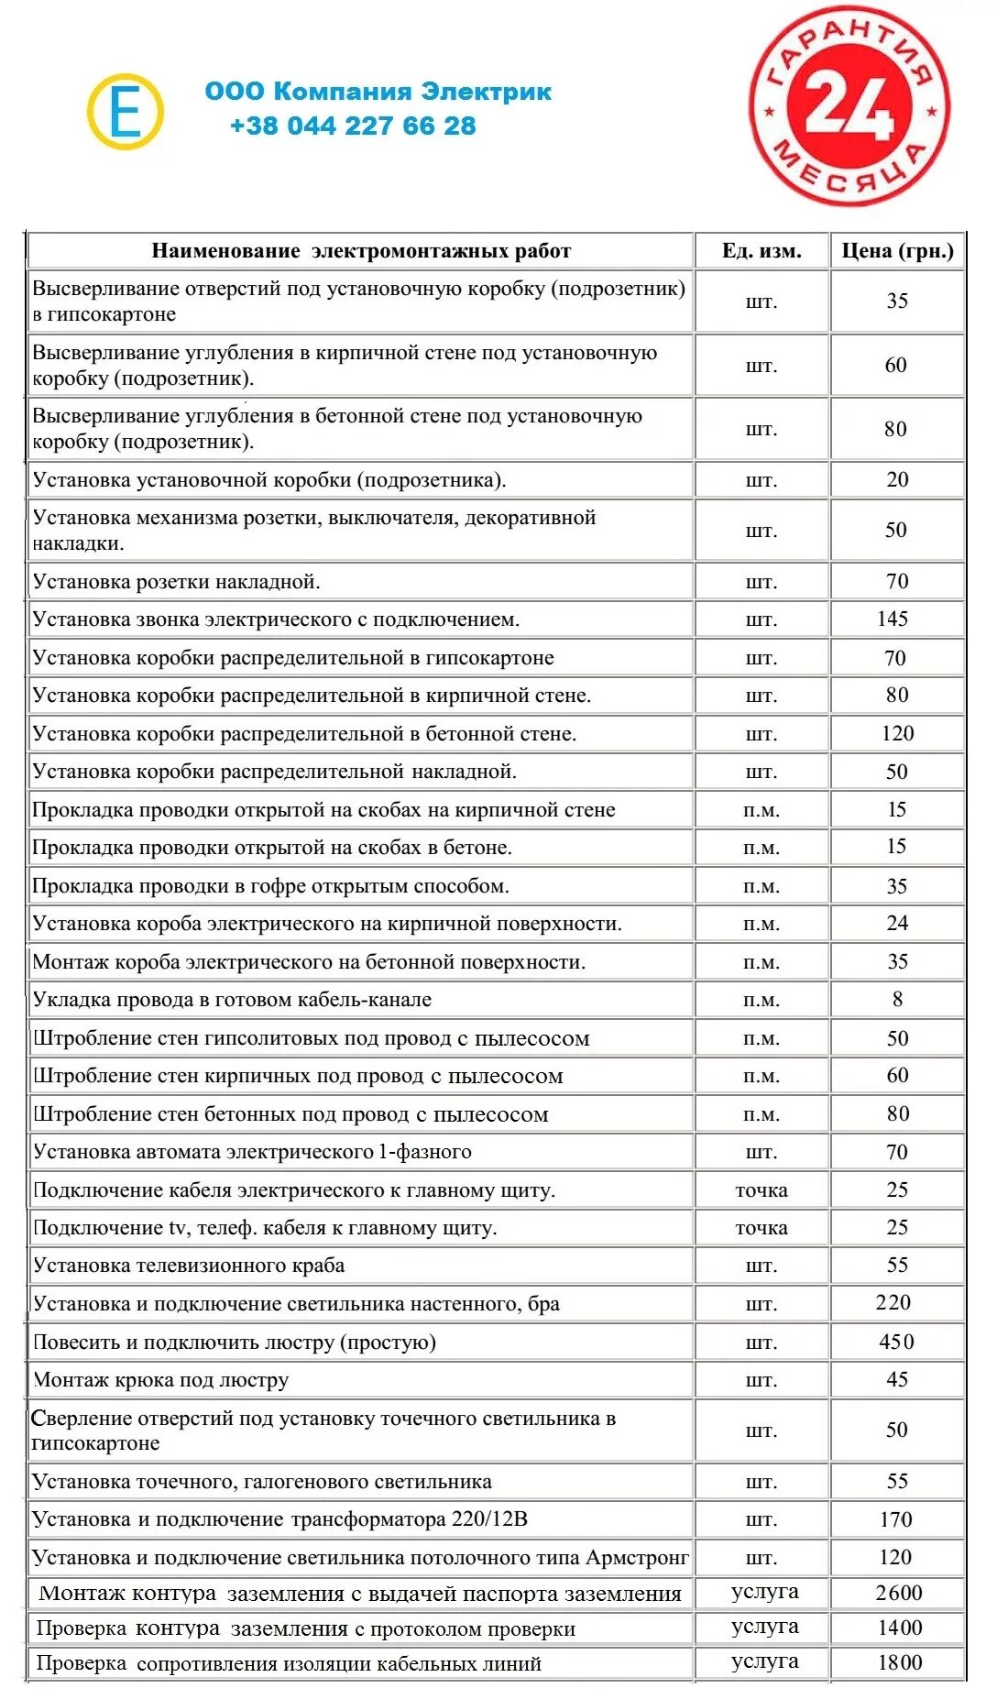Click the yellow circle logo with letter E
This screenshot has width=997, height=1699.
click(126, 112)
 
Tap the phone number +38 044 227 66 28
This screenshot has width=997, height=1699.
click(353, 126)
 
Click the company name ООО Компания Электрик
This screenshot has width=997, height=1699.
click(378, 92)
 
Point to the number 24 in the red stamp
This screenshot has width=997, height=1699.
click(849, 107)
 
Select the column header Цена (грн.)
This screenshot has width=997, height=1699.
click(897, 251)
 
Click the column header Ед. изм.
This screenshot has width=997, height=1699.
click(761, 251)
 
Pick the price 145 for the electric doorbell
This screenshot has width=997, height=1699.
click(893, 619)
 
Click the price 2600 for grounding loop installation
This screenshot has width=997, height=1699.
click(898, 1593)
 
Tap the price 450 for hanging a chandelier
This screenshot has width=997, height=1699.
click(896, 1342)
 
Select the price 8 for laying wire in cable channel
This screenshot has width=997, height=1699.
click(897, 999)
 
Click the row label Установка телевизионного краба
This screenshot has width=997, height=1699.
click(189, 1266)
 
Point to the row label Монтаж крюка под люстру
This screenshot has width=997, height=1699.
click(161, 1380)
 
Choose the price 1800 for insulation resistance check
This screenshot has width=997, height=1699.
click(899, 1662)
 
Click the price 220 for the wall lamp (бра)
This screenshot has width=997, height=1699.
click(893, 1303)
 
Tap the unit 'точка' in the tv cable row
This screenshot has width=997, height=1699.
click(761, 1228)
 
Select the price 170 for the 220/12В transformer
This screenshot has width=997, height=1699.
click(895, 1519)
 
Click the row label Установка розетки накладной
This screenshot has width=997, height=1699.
click(177, 582)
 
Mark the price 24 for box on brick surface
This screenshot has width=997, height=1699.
click(897, 924)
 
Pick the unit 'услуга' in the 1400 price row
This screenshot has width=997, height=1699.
click(764, 1627)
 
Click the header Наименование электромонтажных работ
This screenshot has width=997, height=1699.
click(361, 251)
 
